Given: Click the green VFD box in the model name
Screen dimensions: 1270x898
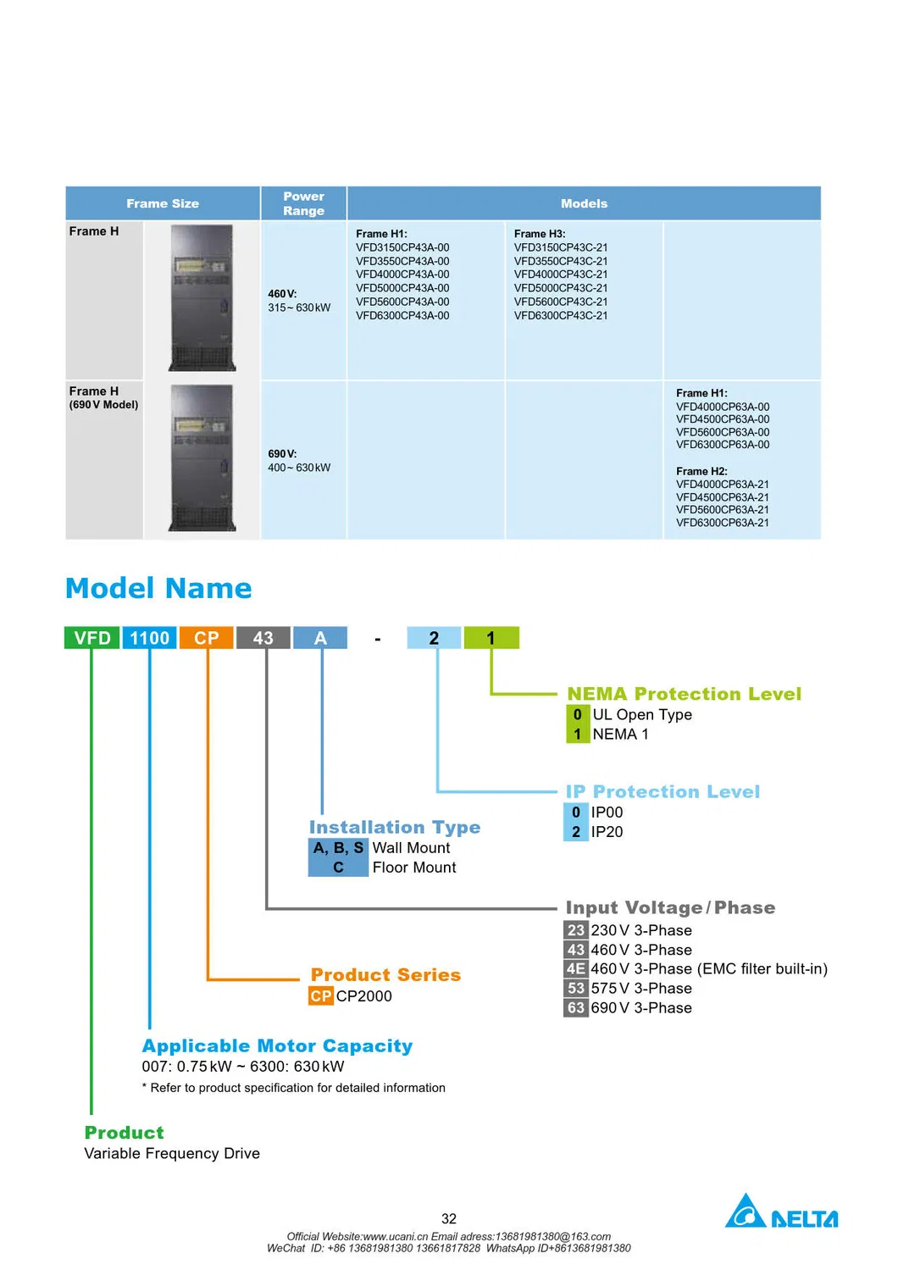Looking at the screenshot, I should tap(92, 638).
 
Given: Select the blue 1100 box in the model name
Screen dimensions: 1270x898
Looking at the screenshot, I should tap(149, 638).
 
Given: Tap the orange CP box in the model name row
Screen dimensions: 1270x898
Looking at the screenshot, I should tap(206, 638).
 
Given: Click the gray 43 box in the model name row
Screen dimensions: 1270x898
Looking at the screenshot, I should tap(263, 638).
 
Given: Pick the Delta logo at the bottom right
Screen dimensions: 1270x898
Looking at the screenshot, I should tap(781, 1212).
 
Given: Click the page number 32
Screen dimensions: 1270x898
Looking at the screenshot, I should tap(449, 1218).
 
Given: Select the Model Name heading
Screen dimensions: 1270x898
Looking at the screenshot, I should tap(158, 588).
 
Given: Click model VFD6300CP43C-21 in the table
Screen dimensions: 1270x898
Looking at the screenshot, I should tap(561, 315).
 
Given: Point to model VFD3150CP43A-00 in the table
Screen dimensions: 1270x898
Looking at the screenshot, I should tap(402, 247).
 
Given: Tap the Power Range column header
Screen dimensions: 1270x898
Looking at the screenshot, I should tap(303, 203).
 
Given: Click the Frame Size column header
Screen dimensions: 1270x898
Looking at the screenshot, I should tap(163, 203).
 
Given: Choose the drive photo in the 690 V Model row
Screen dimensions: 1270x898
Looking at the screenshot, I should tap(202, 458).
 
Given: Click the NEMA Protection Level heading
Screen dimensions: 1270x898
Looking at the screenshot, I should tap(684, 694).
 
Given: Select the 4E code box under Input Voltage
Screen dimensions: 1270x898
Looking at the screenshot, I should tap(576, 968).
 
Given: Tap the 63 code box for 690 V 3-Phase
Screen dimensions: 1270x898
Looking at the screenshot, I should tap(576, 1007).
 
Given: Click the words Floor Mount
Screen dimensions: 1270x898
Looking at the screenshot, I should tap(414, 868).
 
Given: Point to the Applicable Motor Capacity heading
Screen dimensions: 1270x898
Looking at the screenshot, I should tap(277, 1045).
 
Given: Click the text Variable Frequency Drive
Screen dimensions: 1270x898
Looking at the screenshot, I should tap(172, 1153).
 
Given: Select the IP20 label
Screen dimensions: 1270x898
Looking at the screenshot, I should tap(607, 832).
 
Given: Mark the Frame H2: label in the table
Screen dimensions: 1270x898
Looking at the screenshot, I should tap(701, 471).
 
